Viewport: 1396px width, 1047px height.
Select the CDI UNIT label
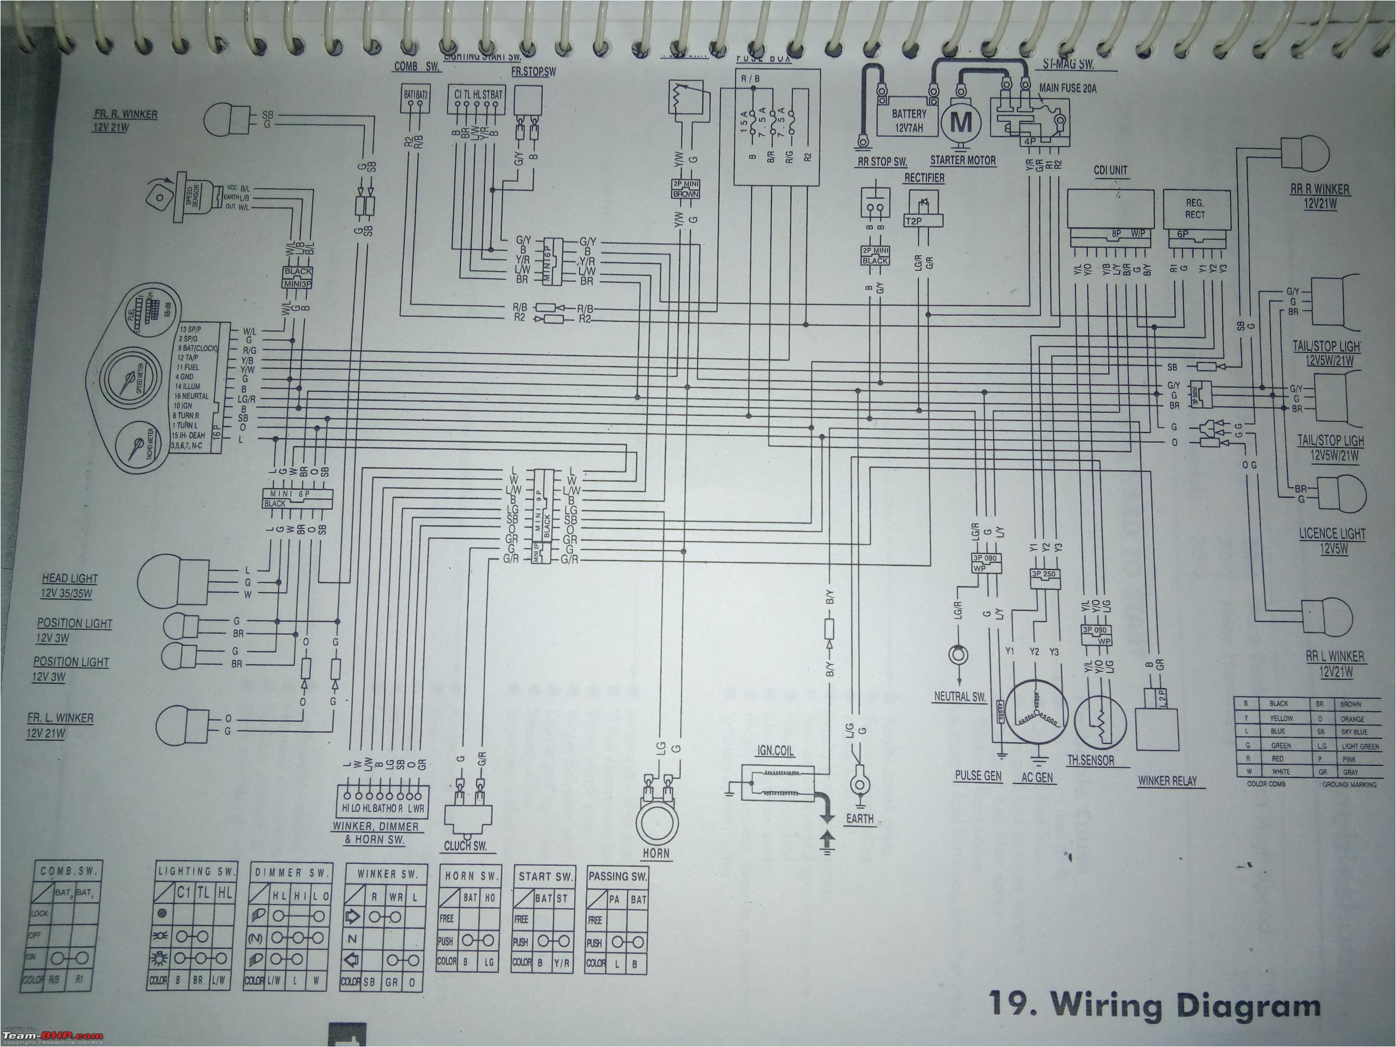(x=1110, y=170)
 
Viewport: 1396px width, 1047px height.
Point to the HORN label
(x=657, y=853)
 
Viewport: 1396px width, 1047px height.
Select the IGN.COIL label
(x=775, y=751)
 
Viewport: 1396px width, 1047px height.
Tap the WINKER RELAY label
(x=1167, y=781)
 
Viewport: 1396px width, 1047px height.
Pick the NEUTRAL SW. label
(x=960, y=697)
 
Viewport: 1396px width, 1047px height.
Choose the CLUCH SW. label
(x=466, y=847)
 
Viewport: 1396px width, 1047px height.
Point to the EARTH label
(x=859, y=819)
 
